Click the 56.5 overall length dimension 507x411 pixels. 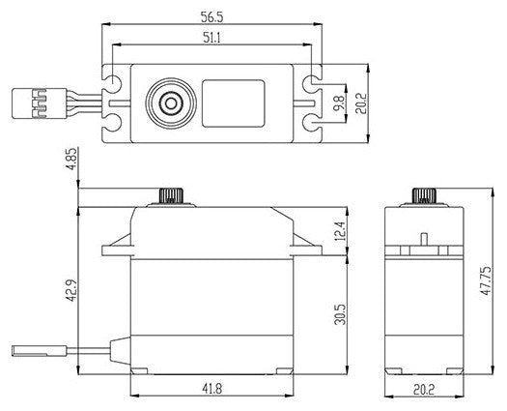pyautogui.click(x=211, y=16)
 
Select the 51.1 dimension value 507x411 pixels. pyautogui.click(x=211, y=38)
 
